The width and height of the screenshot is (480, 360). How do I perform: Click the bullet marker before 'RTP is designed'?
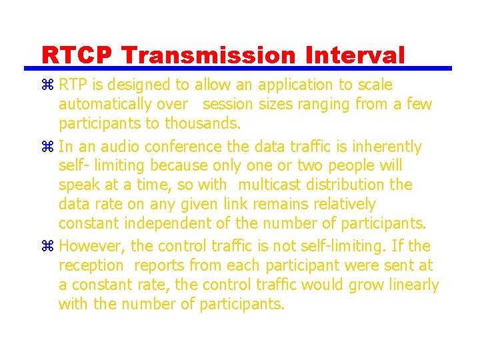(x=47, y=85)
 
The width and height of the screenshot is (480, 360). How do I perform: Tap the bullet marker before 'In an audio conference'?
(x=47, y=147)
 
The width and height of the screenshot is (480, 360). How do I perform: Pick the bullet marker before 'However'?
(x=47, y=247)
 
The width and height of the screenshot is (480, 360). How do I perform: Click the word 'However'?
(x=87, y=247)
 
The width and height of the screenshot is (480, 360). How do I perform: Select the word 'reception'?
(x=91, y=266)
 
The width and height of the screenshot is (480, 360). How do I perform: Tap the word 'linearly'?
(x=413, y=285)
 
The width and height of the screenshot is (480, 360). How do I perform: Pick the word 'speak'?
(x=78, y=185)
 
